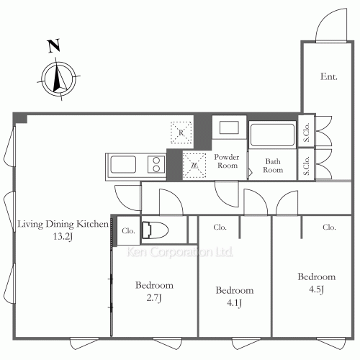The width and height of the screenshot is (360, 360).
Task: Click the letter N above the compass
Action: point(54,45)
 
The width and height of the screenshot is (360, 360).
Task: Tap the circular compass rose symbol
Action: point(58,78)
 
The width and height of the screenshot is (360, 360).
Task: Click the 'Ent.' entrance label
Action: point(329,76)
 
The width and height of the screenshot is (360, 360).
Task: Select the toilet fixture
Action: point(155,230)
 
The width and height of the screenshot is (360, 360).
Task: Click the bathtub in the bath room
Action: point(272,135)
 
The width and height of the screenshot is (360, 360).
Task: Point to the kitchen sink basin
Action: point(123,164)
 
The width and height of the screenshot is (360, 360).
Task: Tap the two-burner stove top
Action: point(156,164)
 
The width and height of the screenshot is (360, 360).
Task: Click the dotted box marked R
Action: point(181,132)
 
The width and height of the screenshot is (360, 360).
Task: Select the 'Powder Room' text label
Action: point(227,161)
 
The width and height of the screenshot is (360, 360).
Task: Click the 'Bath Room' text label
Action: point(273,166)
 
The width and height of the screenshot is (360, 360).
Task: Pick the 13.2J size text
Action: point(63,237)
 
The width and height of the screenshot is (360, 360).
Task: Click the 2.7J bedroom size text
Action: point(154,298)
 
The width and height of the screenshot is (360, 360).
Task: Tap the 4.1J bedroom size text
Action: point(234,303)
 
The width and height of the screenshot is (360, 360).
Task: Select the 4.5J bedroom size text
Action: point(316,289)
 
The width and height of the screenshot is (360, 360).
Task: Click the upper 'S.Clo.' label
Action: point(306,132)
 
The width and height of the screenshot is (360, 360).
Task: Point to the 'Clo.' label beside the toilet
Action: point(128,231)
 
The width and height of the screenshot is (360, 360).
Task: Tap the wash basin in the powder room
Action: point(229,127)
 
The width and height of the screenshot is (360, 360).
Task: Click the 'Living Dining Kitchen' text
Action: point(63,224)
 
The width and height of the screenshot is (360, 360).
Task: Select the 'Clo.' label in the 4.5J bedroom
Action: point(329,227)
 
